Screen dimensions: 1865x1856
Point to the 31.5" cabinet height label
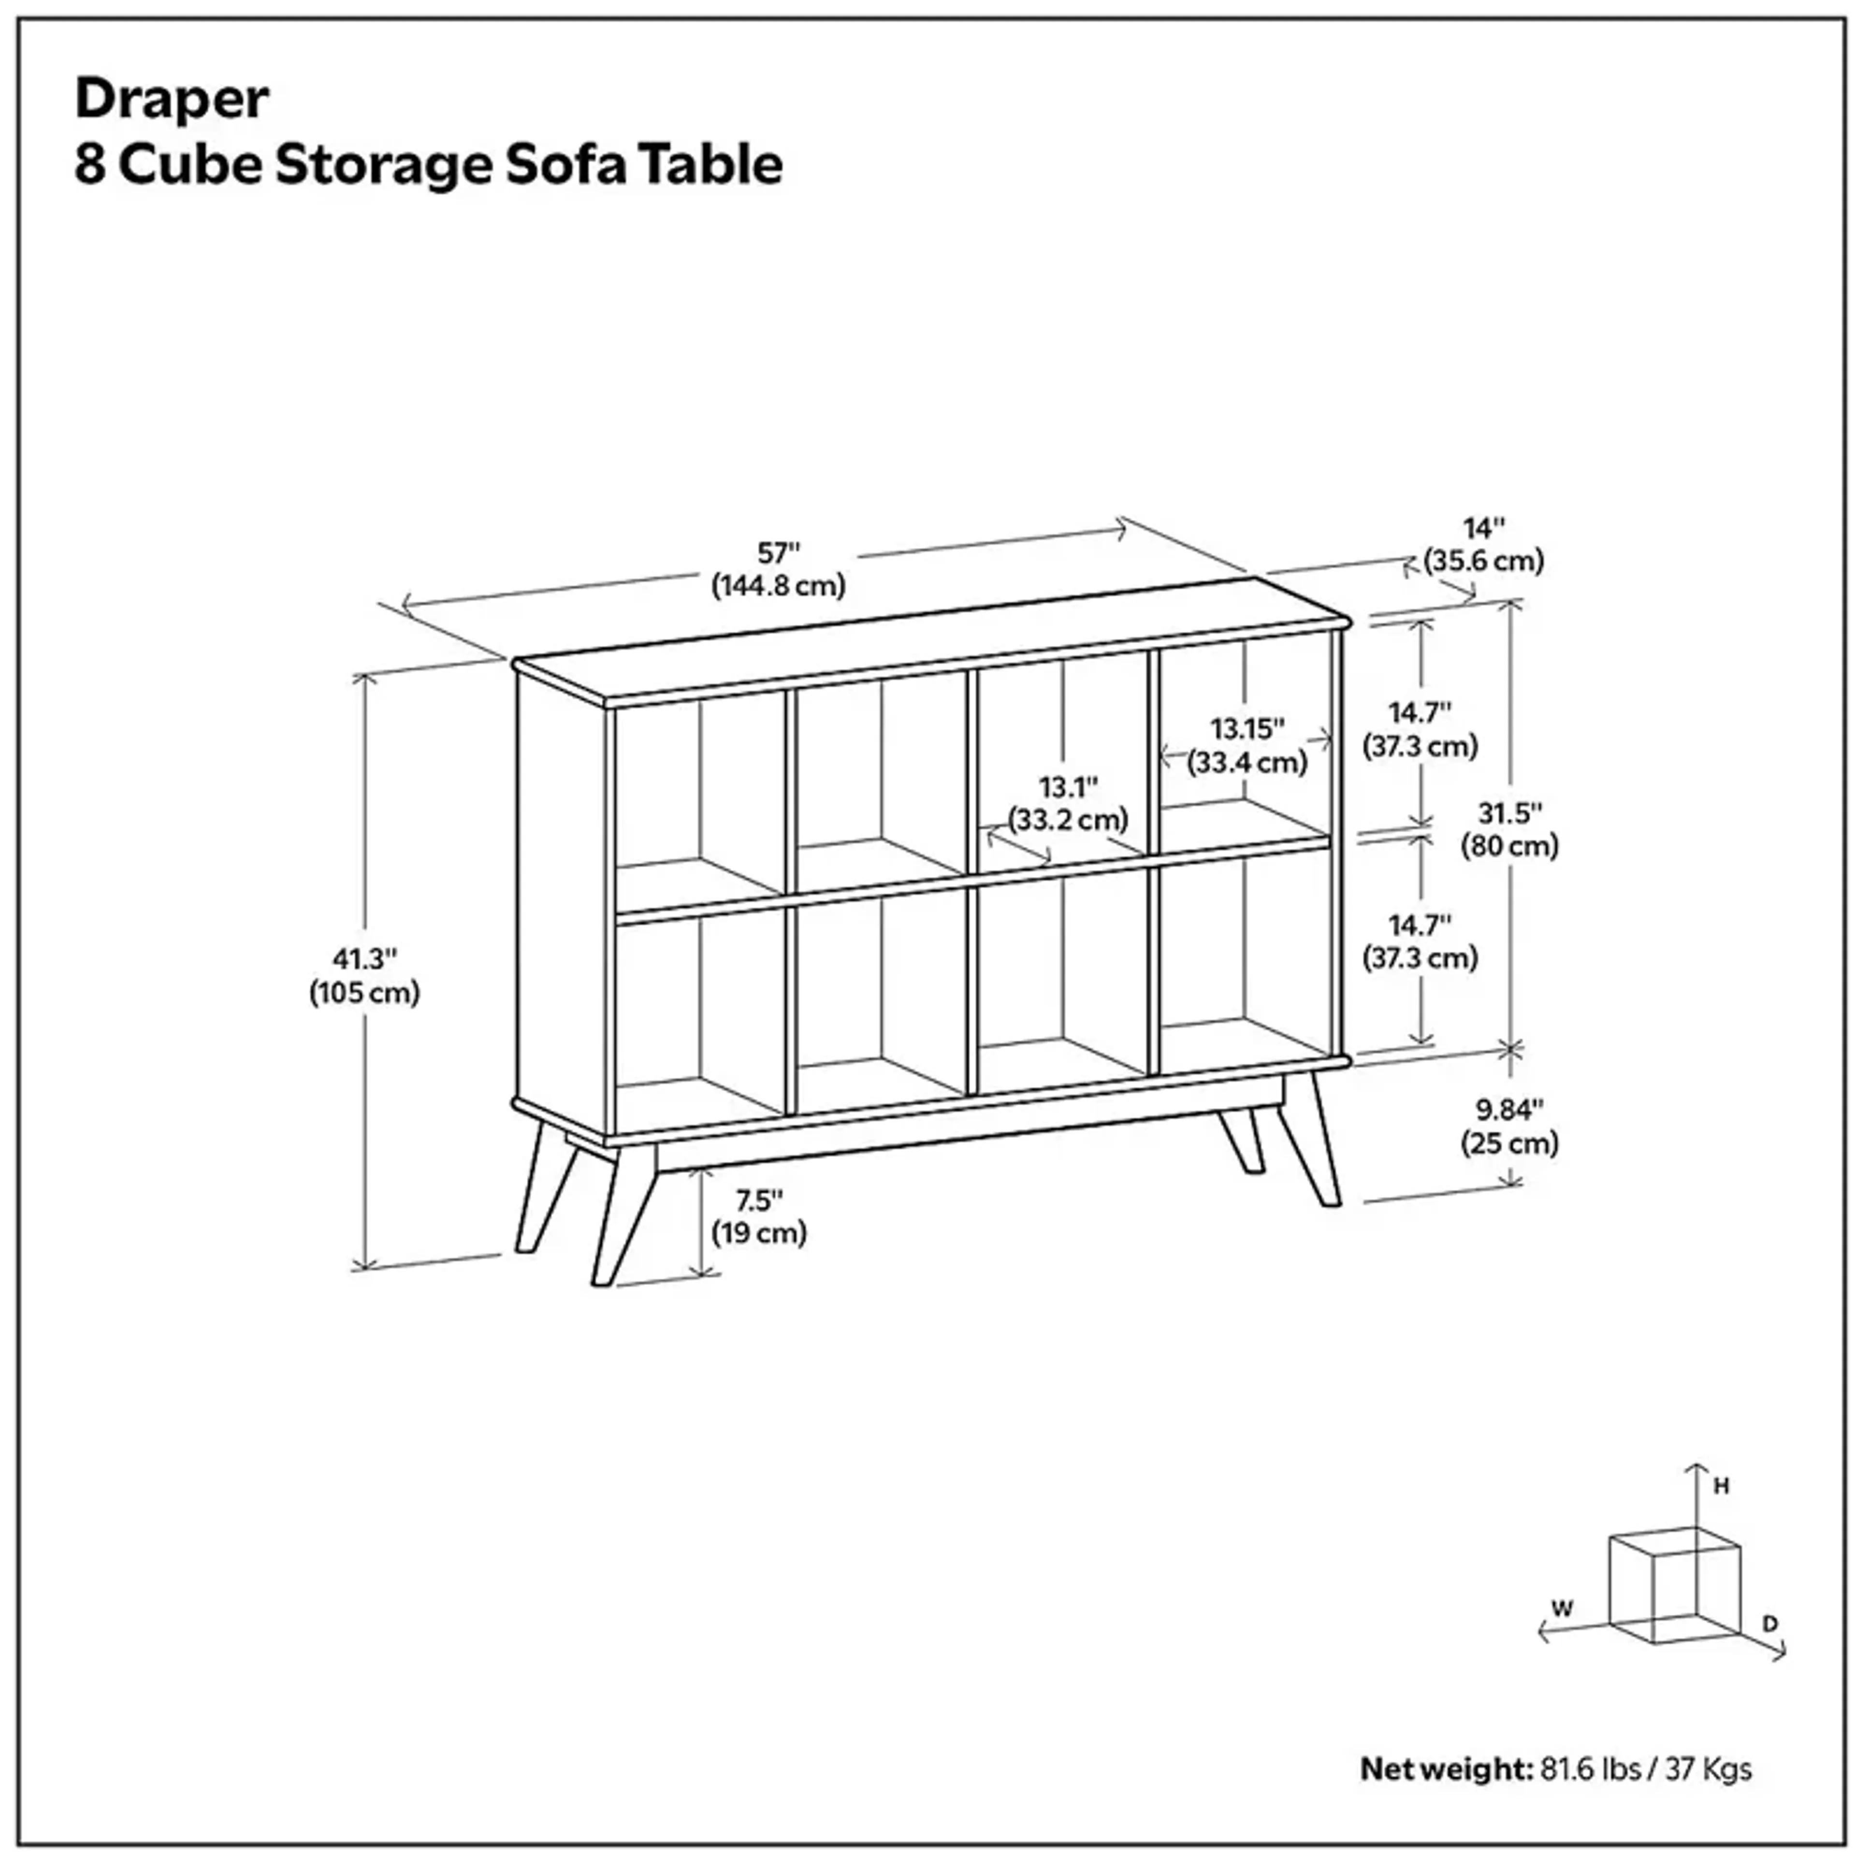click(1509, 814)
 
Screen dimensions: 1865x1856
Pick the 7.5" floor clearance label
click(759, 1201)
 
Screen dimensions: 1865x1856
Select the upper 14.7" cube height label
click(1420, 713)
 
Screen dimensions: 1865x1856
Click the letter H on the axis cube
click(1721, 1487)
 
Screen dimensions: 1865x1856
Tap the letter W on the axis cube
click(1562, 1609)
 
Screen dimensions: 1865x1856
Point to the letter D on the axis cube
click(1770, 1625)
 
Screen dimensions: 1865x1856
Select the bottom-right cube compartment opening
click(1244, 955)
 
